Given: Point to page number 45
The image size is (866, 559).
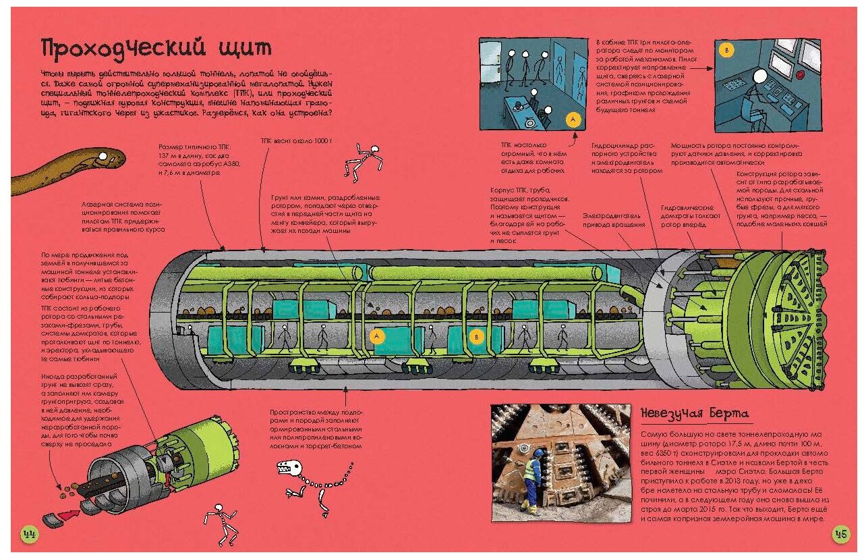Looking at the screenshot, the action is click(x=840, y=534).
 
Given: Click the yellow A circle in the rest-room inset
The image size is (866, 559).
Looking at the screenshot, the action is click(x=572, y=119).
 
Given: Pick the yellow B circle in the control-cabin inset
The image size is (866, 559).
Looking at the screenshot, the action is click(x=726, y=51).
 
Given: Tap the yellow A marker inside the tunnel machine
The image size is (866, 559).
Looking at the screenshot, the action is click(x=378, y=336).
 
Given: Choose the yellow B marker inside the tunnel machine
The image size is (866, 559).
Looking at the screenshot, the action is click(x=476, y=336).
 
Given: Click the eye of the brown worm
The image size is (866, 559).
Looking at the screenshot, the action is click(x=103, y=157).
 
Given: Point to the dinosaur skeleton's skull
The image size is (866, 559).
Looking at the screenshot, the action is click(x=289, y=466).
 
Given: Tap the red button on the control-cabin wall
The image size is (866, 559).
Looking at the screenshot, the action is click(x=801, y=73).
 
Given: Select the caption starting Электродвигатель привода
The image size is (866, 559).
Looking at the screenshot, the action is click(x=610, y=220).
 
